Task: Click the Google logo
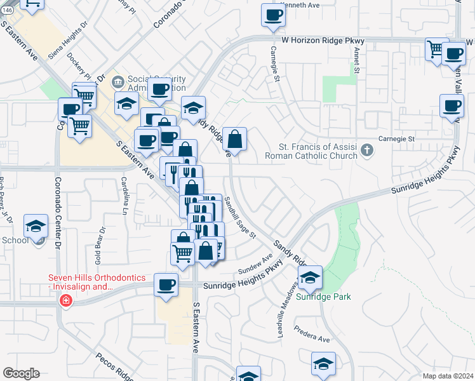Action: (21, 373)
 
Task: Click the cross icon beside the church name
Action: (366, 151)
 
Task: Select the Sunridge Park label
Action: (323, 297)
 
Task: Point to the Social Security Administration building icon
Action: (117, 81)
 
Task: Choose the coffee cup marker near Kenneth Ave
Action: (274, 15)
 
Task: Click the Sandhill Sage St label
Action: (239, 217)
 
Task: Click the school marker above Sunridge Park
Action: (310, 277)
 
